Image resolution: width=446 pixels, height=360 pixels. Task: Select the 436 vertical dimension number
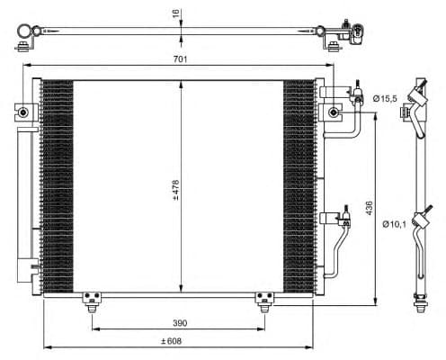(x=369, y=207)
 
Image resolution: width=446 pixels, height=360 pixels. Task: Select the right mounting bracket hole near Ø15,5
(x=334, y=112)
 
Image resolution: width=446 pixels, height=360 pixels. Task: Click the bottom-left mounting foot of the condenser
(x=90, y=300)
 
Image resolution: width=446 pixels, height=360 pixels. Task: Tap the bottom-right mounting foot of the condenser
(x=264, y=300)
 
